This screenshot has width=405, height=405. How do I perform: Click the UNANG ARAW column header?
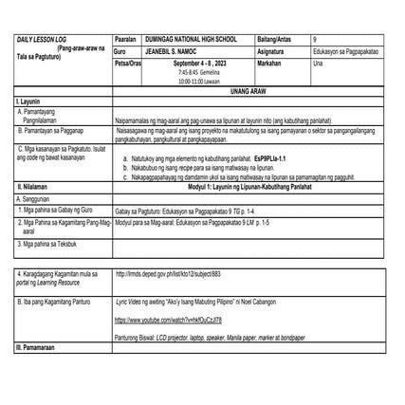click(249, 90)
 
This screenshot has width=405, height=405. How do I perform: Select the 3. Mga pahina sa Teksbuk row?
click(47, 243)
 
